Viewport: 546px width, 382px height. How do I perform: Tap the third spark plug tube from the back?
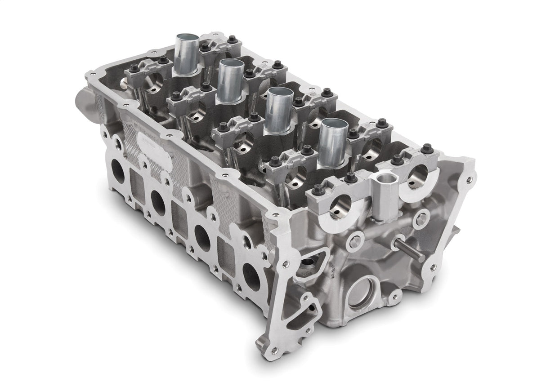point(280,110)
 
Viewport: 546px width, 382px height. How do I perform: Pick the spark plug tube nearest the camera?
point(334,142)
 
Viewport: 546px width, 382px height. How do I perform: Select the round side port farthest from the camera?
point(117,171)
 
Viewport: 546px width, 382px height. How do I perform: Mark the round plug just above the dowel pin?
point(421,219)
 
